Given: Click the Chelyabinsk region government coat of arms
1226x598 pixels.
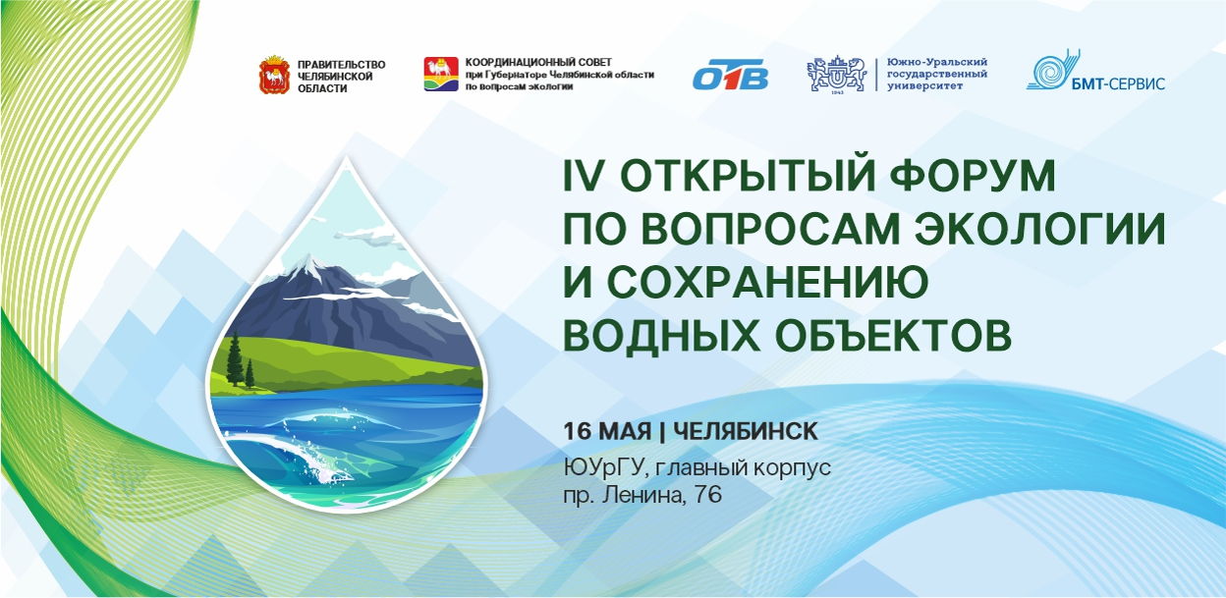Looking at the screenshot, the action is (274, 75).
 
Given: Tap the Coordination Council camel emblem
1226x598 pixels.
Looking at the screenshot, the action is (441, 74).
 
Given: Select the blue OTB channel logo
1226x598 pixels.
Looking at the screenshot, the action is (730, 75).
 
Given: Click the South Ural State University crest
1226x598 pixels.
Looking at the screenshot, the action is (837, 75).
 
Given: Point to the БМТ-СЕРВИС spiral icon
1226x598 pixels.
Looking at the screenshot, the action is (1051, 70).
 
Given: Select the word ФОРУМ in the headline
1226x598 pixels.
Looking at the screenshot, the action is (972, 175).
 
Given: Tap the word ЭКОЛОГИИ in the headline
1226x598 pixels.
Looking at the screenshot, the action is (1040, 228).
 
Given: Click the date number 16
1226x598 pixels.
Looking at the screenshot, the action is (578, 431).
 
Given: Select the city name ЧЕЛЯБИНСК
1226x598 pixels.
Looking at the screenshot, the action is (746, 431).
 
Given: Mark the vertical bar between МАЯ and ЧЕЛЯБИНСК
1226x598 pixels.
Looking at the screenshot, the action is (662, 432).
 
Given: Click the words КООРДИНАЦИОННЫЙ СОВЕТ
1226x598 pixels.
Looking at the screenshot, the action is (538, 63).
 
